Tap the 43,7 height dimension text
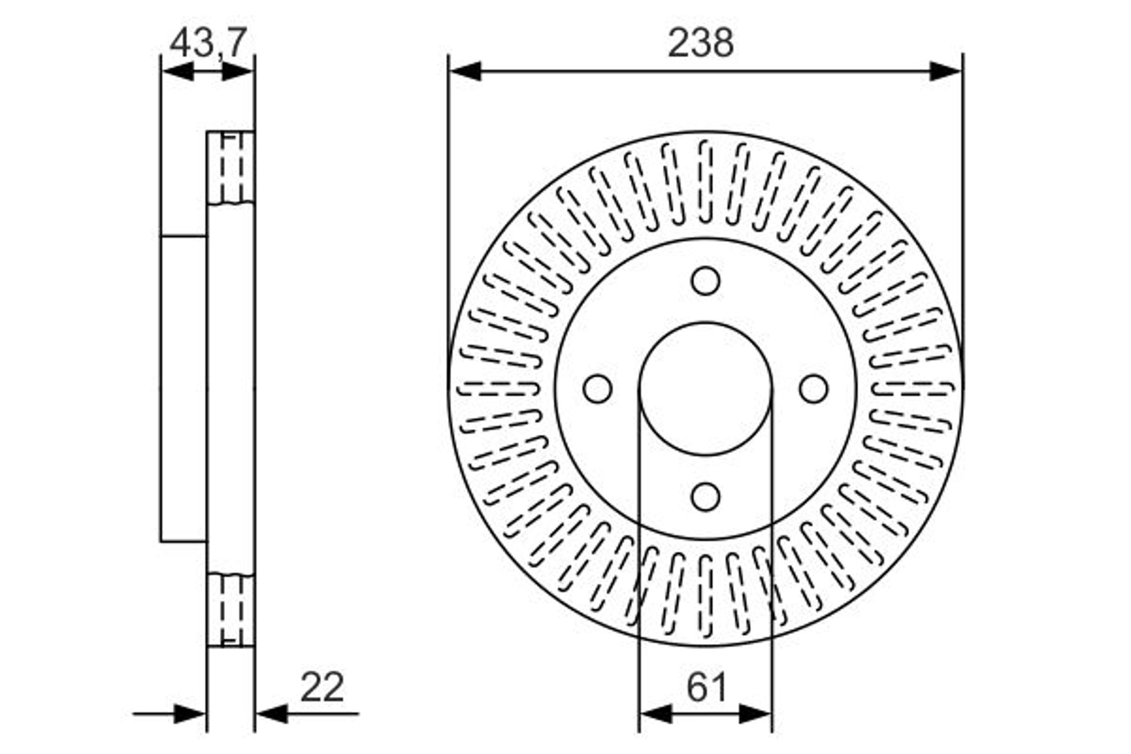pyautogui.click(x=208, y=43)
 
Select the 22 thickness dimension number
pyautogui.click(x=322, y=687)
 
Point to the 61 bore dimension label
pyautogui.click(x=706, y=688)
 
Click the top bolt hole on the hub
pyautogui.click(x=705, y=281)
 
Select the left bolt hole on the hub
pyautogui.click(x=597, y=388)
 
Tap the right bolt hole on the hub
pyautogui.click(x=814, y=388)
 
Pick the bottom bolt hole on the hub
pyautogui.click(x=705, y=497)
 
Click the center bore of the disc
pyautogui.click(x=705, y=388)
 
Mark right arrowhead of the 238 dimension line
pyautogui.click(x=945, y=71)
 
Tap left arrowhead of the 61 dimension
pyautogui.click(x=655, y=714)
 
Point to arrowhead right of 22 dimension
pyautogui.click(x=272, y=714)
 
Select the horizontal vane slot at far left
pyautogui.click(x=498, y=388)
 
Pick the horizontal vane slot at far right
pyautogui.click(x=913, y=388)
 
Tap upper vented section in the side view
pyautogui.click(x=231, y=167)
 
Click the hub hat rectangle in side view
pyautogui.click(x=184, y=388)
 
